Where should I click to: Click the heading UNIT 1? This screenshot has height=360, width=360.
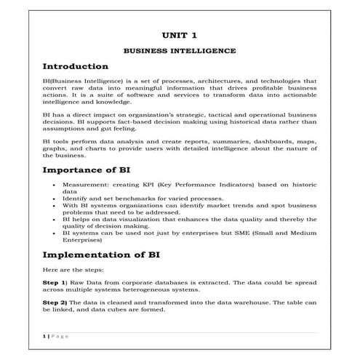(179, 34)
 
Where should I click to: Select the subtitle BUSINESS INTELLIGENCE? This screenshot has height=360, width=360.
(179, 51)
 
